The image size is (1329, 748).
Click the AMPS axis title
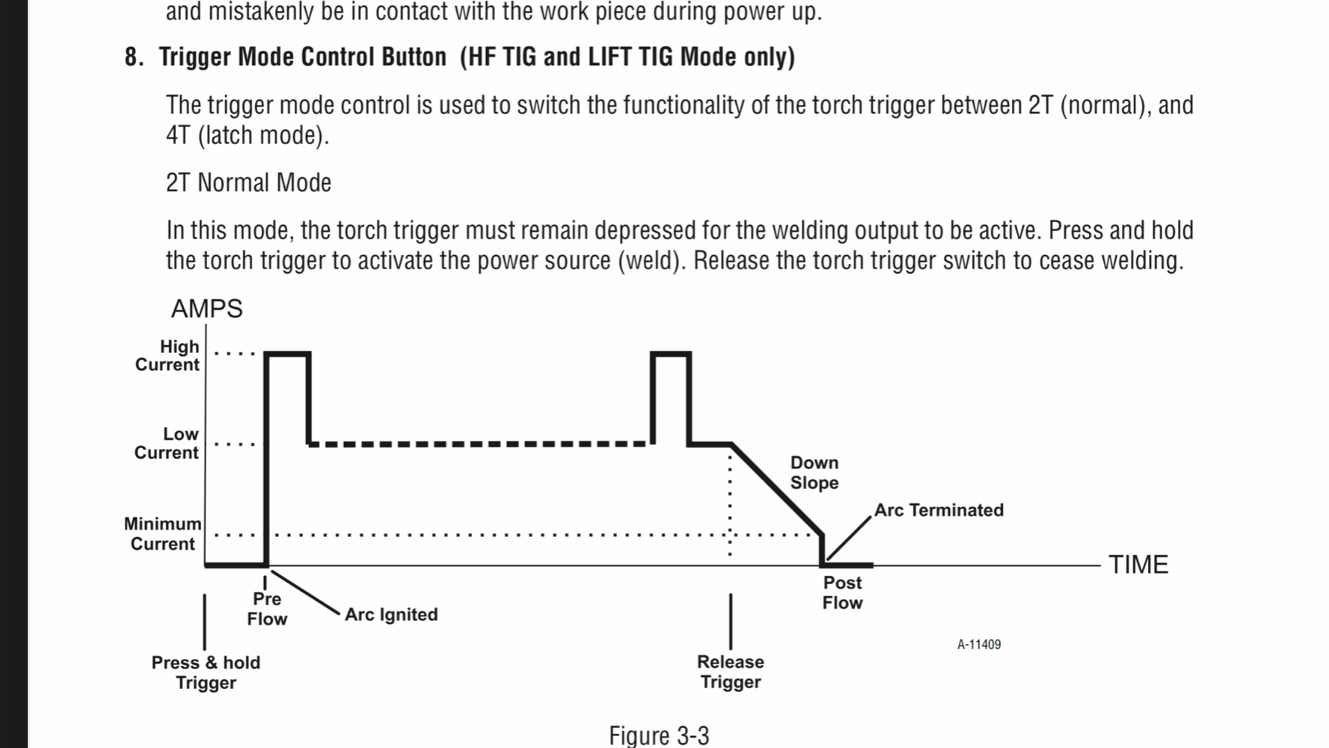(x=207, y=309)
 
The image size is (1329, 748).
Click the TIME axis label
(x=1138, y=565)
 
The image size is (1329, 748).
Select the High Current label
(x=168, y=356)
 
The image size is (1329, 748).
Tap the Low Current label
(x=167, y=444)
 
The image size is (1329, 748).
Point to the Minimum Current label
(x=162, y=533)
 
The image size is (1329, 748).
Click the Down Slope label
(x=814, y=473)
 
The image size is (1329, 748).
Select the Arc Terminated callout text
(x=939, y=510)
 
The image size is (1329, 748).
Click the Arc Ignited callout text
(x=391, y=615)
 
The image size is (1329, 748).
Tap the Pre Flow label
(x=267, y=609)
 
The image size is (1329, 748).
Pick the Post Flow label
(x=842, y=592)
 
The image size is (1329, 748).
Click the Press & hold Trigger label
(x=206, y=672)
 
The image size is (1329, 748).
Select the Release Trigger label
(x=731, y=672)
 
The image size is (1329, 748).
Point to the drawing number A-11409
(x=979, y=645)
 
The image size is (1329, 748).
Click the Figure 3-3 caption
(x=659, y=735)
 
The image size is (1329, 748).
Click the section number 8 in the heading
(x=132, y=57)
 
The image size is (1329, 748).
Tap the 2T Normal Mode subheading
(x=248, y=183)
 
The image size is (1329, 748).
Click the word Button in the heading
(x=410, y=57)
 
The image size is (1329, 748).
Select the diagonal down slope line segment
(x=778, y=490)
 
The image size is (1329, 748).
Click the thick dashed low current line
(x=479, y=444)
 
